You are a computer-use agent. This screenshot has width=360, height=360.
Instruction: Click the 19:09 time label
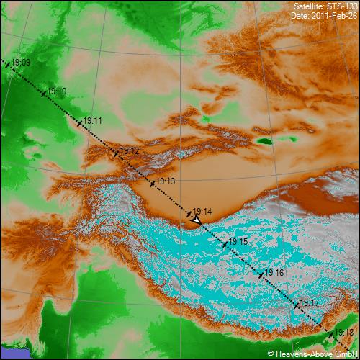point(22,63)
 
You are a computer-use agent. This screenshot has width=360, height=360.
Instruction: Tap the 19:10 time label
point(58,91)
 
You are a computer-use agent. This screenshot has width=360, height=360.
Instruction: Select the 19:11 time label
point(93,121)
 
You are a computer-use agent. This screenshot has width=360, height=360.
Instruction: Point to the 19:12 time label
point(130,150)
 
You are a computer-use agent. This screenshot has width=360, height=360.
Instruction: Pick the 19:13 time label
point(166,181)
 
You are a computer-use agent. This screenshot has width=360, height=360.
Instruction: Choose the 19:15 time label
point(238,242)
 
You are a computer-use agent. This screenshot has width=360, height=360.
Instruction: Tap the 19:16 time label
point(274,273)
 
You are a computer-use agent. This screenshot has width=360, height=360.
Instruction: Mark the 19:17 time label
point(310,302)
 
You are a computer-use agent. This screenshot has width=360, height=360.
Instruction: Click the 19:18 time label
point(345,332)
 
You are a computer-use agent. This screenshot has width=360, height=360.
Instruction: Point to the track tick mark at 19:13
point(153,184)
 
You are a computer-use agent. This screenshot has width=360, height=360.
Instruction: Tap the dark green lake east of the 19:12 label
point(266,141)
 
